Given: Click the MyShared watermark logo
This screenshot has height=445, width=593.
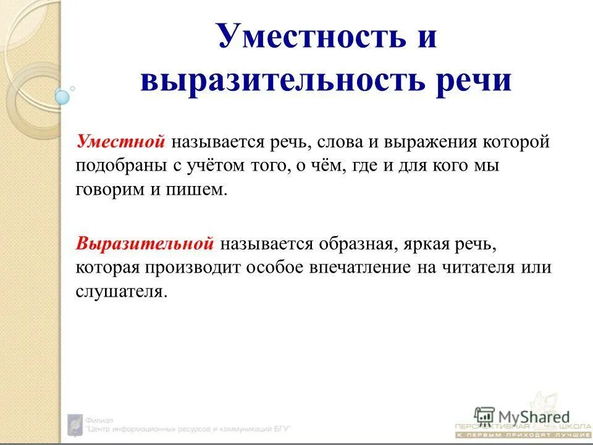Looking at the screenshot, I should pos(522,417).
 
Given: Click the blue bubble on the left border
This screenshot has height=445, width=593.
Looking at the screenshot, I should pos(62,96).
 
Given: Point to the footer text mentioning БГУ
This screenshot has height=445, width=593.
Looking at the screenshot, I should pos(188,428).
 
